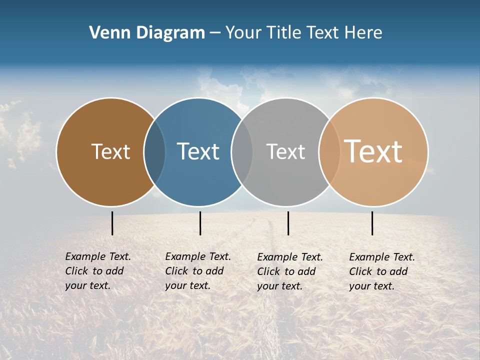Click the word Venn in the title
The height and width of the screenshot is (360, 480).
106,32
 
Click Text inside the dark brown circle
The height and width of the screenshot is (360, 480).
110,151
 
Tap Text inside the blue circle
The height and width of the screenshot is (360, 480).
198,151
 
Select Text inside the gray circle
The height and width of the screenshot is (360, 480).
285,151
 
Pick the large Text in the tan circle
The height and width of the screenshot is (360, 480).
373,151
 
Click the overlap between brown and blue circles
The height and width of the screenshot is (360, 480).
154,152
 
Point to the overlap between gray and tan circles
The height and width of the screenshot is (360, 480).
329,152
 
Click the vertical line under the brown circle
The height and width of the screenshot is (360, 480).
112,223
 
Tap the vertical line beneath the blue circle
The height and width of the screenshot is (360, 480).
200,223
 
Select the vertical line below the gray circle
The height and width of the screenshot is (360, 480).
288,223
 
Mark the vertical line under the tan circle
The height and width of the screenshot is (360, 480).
372,223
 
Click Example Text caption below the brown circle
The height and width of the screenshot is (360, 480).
98,256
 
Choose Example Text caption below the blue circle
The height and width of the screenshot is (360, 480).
198,256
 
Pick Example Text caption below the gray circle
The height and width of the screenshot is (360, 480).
290,257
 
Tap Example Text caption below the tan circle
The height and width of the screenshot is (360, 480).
382,257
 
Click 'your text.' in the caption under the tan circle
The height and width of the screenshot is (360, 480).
371,286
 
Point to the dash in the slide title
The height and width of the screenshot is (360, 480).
215,33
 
